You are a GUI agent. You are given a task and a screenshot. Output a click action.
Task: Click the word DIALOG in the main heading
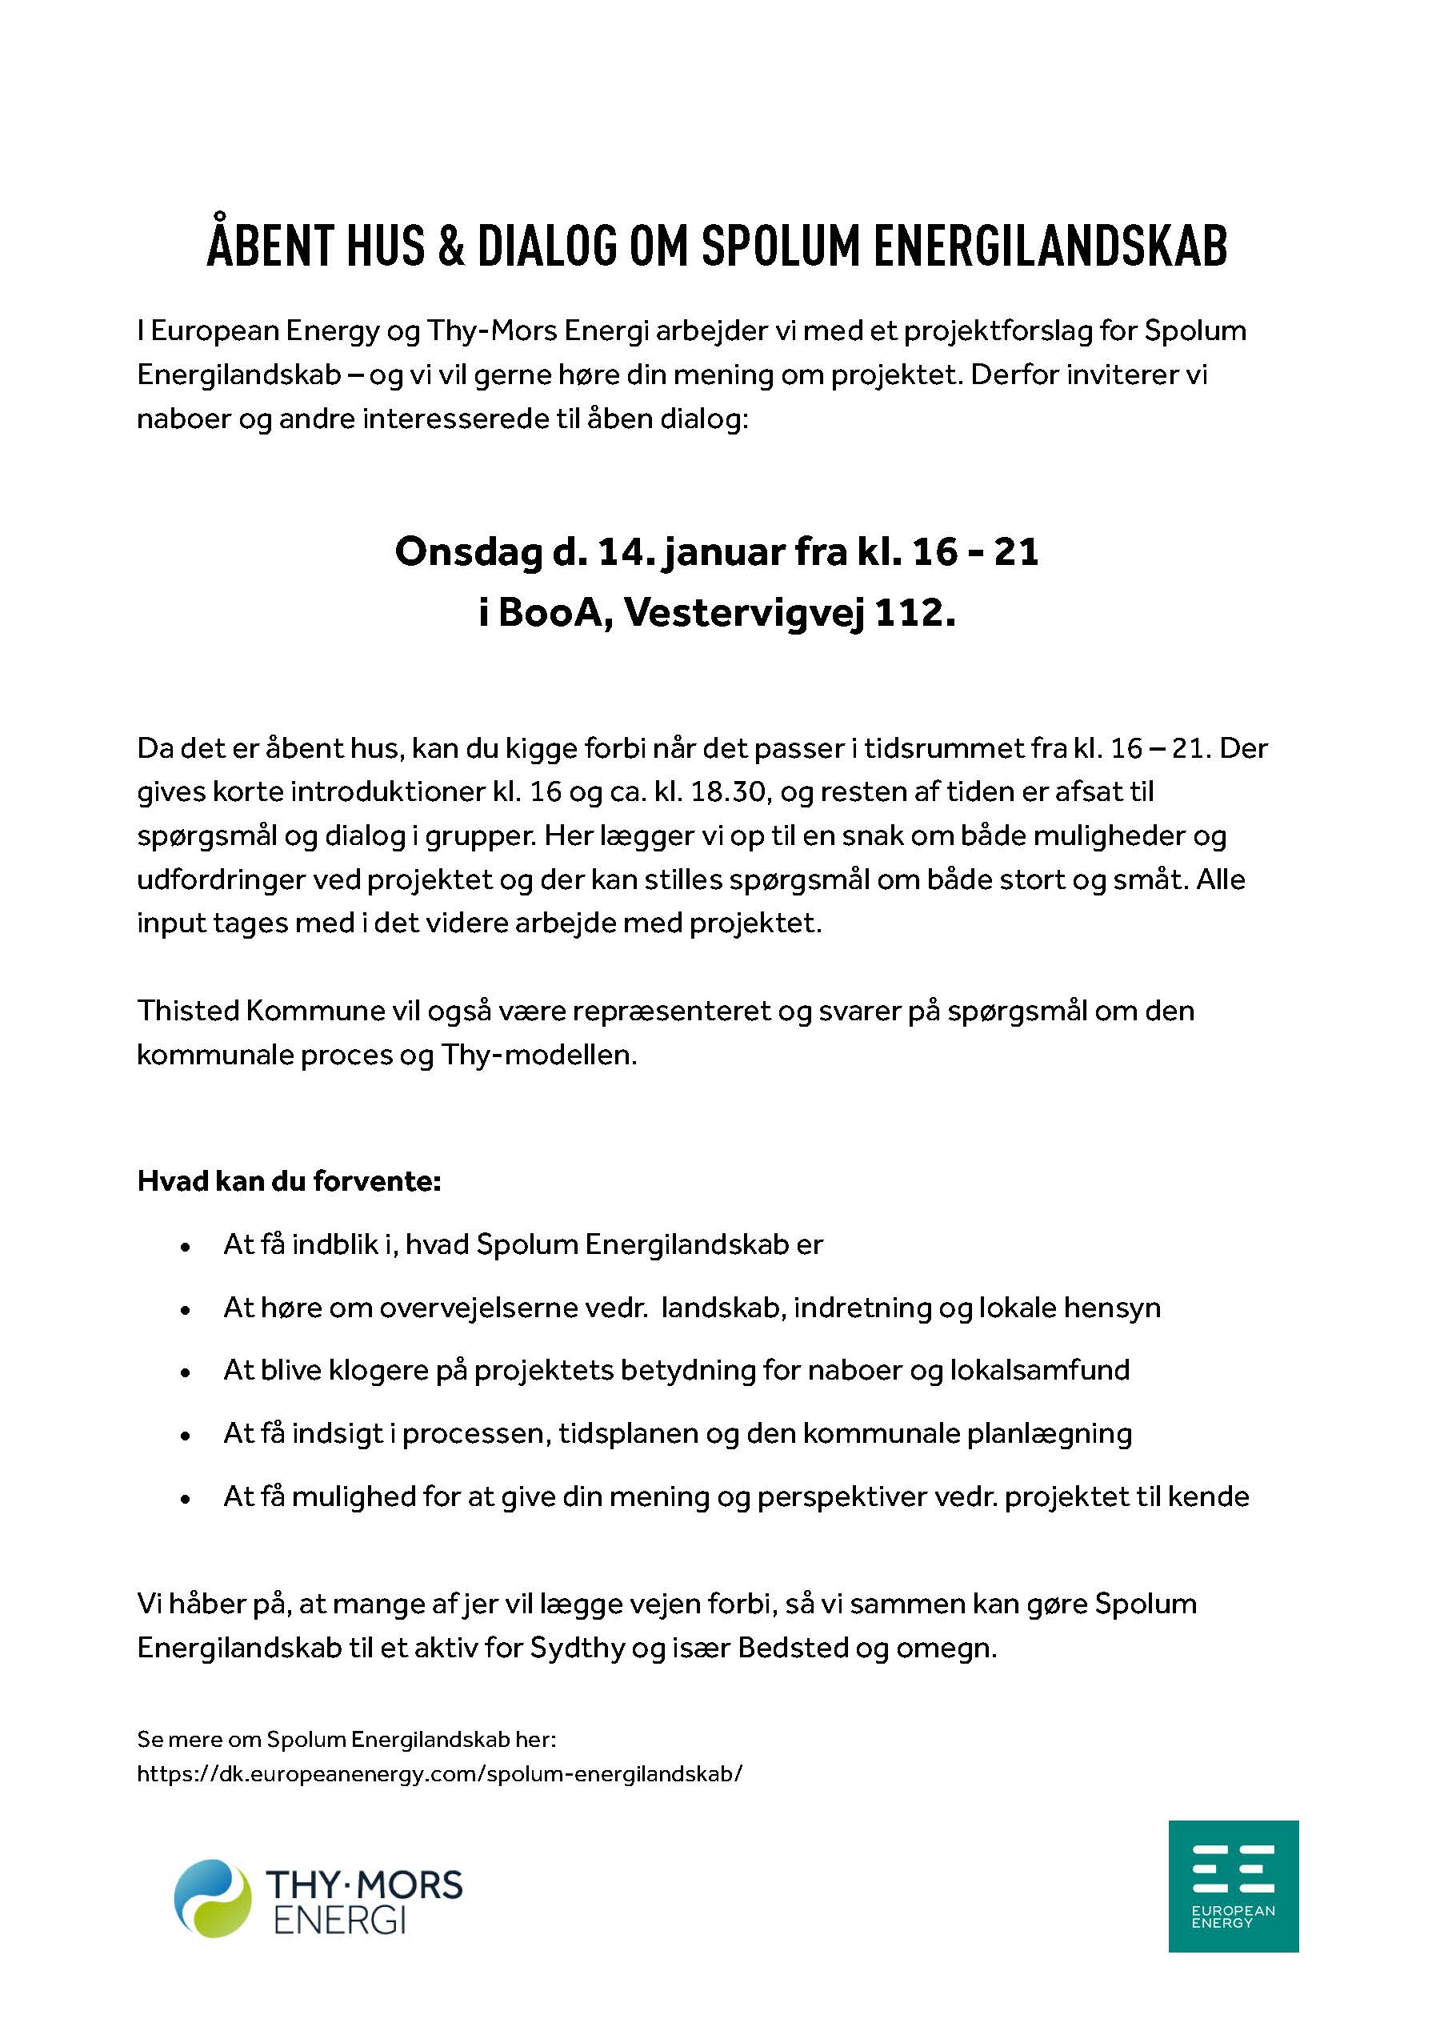(547, 246)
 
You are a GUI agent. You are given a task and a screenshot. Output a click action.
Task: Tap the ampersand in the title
(450, 246)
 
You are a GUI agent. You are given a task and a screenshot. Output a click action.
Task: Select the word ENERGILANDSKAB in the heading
(1050, 246)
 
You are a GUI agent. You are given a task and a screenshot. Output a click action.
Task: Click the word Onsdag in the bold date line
(469, 552)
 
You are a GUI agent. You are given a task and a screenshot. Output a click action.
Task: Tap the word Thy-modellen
(539, 1055)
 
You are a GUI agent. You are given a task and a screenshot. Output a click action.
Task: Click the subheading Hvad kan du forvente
(289, 1181)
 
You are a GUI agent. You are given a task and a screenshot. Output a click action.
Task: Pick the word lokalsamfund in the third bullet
(1040, 1370)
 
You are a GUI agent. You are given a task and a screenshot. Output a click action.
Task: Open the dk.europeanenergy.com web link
(439, 1773)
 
